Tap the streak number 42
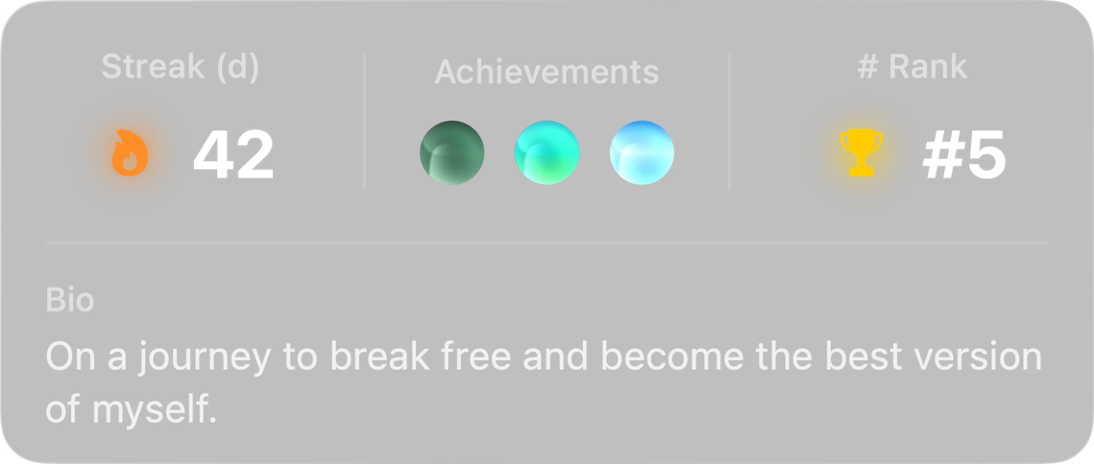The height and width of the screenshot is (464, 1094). (x=234, y=154)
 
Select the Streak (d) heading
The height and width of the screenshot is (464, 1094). (x=180, y=67)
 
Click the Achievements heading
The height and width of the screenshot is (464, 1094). (x=547, y=72)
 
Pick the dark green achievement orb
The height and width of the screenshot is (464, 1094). (x=452, y=153)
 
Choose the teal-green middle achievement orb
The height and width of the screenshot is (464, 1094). (x=547, y=153)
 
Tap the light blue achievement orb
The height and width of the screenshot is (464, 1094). (x=642, y=153)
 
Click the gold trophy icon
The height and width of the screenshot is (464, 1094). (x=862, y=153)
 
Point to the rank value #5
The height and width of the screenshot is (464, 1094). (x=964, y=154)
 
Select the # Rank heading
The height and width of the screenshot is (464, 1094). (x=912, y=67)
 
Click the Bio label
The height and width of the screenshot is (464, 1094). (x=70, y=300)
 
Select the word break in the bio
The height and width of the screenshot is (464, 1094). (x=380, y=356)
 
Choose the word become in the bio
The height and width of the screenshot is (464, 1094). (x=672, y=356)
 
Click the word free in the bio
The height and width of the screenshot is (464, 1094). (x=476, y=356)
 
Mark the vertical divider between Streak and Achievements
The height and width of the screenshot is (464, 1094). (x=365, y=121)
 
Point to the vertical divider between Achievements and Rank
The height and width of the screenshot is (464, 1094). (x=729, y=121)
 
